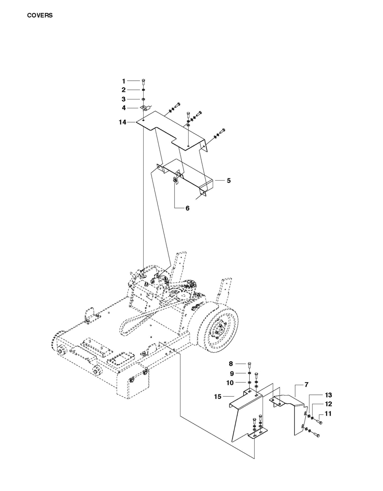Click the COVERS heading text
coord(40,15)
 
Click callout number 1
coord(124,81)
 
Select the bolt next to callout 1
coord(143,81)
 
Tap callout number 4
coord(124,108)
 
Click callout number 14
coord(122,122)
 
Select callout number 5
coord(229,181)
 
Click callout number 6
coord(187,208)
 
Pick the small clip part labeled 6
coord(175,180)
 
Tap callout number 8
coord(231,364)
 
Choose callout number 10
coord(230,383)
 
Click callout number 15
coord(217,397)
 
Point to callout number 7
coord(306,384)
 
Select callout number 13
coord(328,395)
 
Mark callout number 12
coord(328,404)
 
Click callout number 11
coord(328,413)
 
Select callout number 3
coord(124,99)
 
